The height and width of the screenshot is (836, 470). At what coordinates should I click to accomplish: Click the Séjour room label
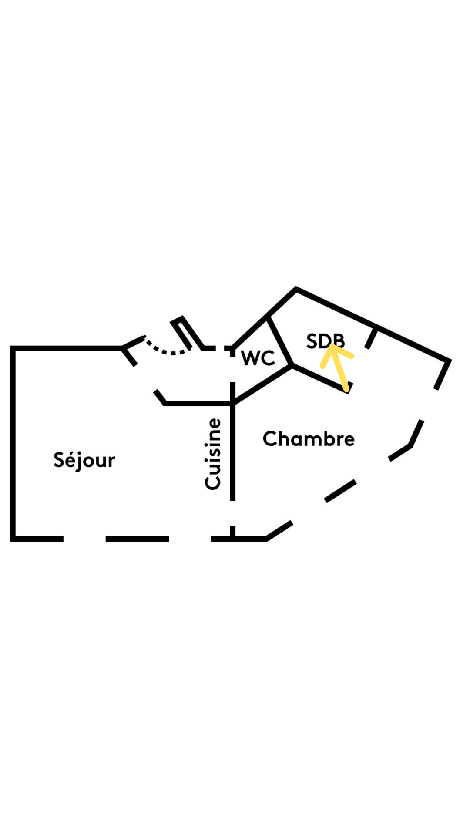(x=84, y=460)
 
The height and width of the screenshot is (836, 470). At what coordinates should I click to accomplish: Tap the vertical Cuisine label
(x=213, y=454)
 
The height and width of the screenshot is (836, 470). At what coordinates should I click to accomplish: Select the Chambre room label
(x=309, y=438)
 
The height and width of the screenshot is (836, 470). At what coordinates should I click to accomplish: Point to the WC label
(x=258, y=358)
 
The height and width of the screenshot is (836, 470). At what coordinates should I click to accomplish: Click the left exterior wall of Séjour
(x=13, y=444)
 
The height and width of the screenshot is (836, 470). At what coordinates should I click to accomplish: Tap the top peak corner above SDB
(x=296, y=288)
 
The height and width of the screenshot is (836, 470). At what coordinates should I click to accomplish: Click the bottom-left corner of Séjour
(x=13, y=539)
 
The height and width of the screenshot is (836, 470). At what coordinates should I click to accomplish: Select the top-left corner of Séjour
(x=13, y=348)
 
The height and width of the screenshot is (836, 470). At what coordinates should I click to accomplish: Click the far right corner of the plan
(x=449, y=361)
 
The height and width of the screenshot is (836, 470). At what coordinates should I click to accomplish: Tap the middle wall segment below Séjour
(x=137, y=539)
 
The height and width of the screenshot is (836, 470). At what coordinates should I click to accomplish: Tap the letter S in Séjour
(x=58, y=460)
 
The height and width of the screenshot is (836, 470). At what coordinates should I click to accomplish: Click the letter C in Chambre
(x=269, y=438)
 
